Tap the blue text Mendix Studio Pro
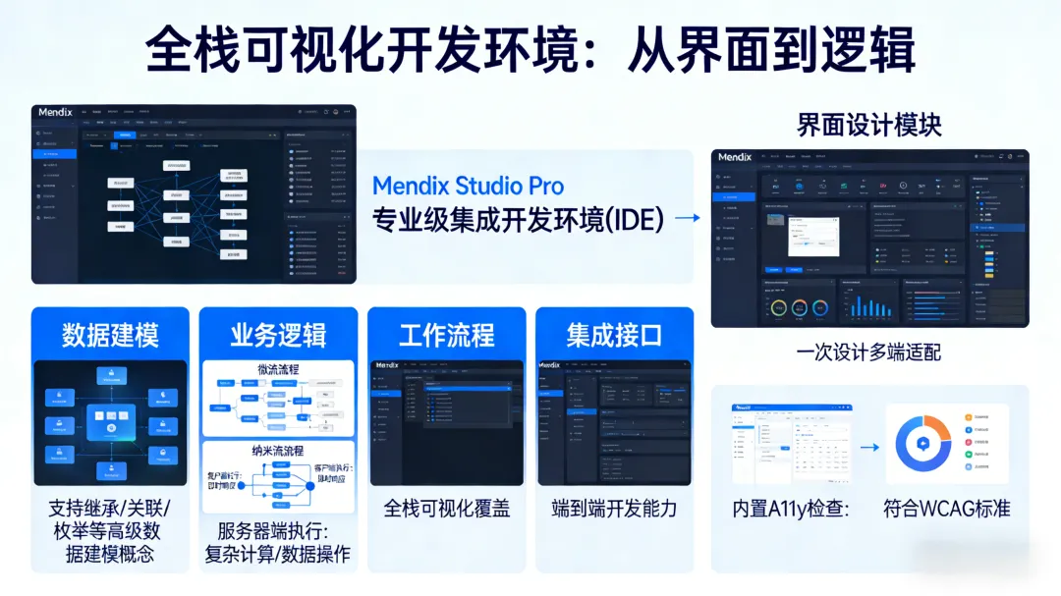pyautogui.click(x=468, y=186)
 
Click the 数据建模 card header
pyautogui.click(x=110, y=335)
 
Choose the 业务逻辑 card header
pyautogui.click(x=278, y=335)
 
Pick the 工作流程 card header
pyautogui.click(x=446, y=335)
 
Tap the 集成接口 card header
pyautogui.click(x=614, y=335)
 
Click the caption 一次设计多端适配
pyautogui.click(x=868, y=352)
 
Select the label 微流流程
pyautogui.click(x=278, y=370)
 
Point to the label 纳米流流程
pyautogui.click(x=278, y=451)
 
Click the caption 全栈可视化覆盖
pyautogui.click(x=446, y=509)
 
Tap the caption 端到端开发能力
pyautogui.click(x=614, y=509)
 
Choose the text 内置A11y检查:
pyautogui.click(x=791, y=509)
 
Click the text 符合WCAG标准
pyautogui.click(x=946, y=509)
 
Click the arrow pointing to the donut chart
pyautogui.click(x=869, y=447)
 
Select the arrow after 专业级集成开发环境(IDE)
pyautogui.click(x=688, y=218)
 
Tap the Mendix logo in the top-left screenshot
pyautogui.click(x=57, y=112)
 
